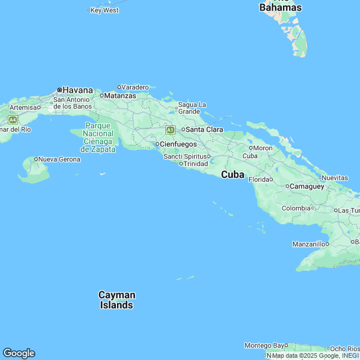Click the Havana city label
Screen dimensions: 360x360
(77, 90)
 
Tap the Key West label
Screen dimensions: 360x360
(105, 10)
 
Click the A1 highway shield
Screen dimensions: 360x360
(170, 130)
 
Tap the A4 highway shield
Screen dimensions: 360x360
(12, 120)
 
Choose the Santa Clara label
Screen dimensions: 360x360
(204, 129)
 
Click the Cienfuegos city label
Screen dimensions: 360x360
(178, 144)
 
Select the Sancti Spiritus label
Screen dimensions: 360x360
(186, 156)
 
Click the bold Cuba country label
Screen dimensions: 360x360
(232, 175)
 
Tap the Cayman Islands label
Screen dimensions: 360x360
(117, 300)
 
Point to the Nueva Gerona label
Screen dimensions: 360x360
(60, 159)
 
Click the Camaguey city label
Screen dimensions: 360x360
(307, 186)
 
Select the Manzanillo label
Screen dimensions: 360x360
(308, 244)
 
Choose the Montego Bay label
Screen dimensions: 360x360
(264, 345)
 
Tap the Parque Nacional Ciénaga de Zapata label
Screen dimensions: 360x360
(98, 137)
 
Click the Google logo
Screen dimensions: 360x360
(19, 353)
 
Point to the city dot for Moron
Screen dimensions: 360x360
(251, 148)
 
